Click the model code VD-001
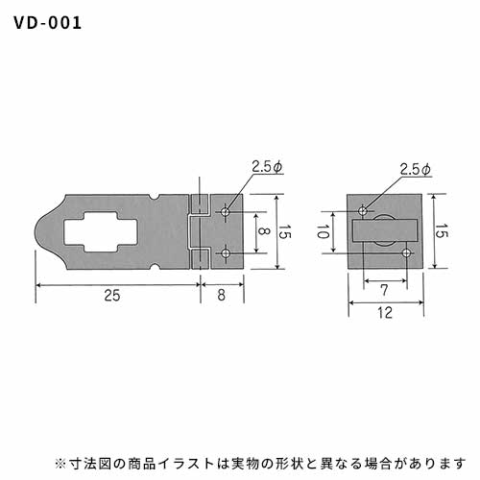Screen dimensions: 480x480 coord(48,23)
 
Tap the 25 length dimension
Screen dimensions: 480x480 coord(112,295)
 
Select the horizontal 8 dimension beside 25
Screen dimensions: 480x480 coord(222,295)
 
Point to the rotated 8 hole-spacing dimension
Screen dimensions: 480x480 coord(263,231)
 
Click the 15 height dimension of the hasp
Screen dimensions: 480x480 coord(284,231)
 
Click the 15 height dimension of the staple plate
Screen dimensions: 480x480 coord(442,230)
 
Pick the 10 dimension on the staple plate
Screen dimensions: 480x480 coord(323,231)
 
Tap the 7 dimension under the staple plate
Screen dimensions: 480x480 coord(384,290)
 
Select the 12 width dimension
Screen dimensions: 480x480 coord(385,313)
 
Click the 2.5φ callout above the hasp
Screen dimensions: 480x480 coord(267,167)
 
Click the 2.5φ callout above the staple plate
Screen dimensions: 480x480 coord(416,169)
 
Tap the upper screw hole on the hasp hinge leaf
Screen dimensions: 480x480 coord(226,211)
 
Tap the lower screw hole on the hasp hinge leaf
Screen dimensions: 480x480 coord(226,253)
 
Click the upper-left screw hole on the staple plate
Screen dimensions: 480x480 coord(363,211)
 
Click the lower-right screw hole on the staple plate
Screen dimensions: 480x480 coord(406,253)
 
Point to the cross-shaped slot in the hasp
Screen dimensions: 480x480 coord(101,231)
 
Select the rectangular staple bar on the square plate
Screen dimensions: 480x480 coord(385,230)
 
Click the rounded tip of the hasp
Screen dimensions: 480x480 coord(36,231)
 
